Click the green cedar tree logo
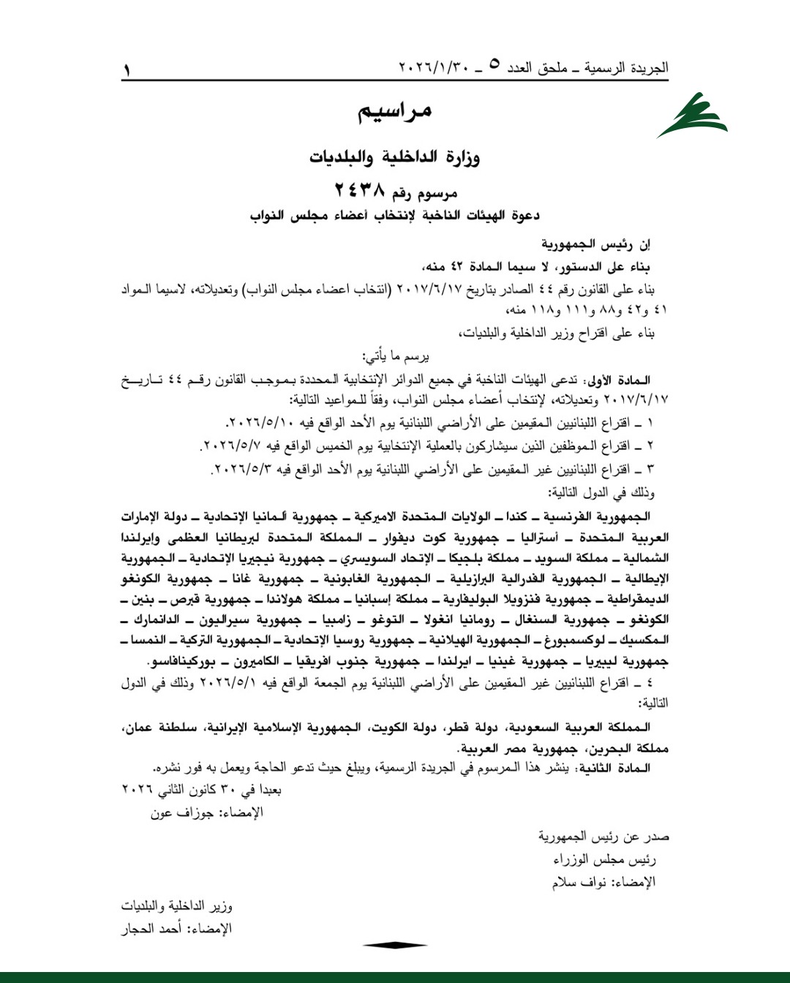coord(691,116)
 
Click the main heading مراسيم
coord(394,111)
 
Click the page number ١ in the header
coord(127,71)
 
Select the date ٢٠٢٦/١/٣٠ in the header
coord(433,67)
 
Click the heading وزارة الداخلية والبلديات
coord(394,157)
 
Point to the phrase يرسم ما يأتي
coord(396,356)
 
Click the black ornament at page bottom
coord(394,945)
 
